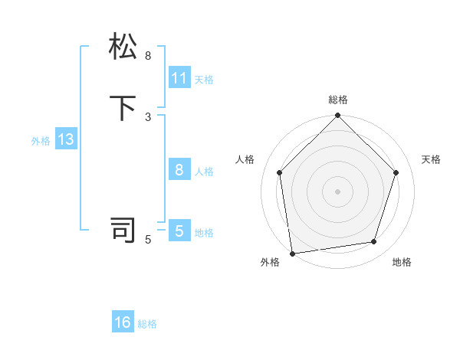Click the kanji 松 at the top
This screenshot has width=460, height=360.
point(123,47)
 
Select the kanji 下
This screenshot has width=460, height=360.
point(123,108)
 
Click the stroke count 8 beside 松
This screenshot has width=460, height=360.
point(148,56)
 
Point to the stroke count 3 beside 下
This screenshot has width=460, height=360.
point(148,117)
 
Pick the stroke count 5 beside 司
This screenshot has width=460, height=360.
point(148,240)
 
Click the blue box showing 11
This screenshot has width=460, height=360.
point(179,78)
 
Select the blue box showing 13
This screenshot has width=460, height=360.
point(65,139)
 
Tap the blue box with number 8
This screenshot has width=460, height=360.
point(179,170)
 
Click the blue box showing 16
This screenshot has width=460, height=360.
point(123,322)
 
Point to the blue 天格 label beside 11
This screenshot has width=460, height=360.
point(204,80)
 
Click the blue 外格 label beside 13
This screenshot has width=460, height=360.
point(41,141)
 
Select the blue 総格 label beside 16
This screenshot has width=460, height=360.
point(148,324)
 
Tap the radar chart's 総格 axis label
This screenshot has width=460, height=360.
point(337,100)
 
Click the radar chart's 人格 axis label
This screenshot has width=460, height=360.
point(245,159)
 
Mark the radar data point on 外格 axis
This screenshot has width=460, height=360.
point(292,253)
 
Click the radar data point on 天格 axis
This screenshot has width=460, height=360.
point(396,172)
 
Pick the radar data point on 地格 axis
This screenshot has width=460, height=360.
point(374,242)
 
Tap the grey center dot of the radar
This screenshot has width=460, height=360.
point(337,191)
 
